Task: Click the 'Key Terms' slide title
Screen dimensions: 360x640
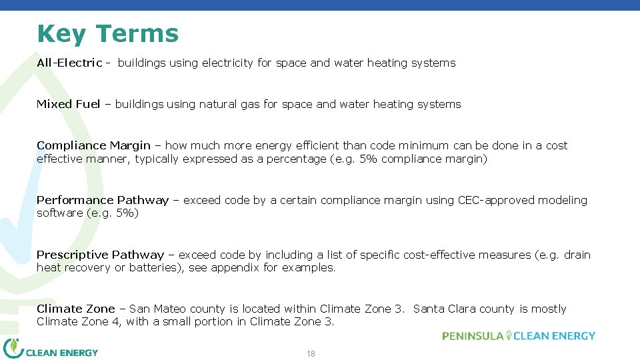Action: click(108, 33)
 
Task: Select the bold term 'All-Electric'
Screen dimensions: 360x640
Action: click(69, 63)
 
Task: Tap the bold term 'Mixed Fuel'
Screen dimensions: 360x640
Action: click(68, 104)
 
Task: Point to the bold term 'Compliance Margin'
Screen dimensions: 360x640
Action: click(93, 145)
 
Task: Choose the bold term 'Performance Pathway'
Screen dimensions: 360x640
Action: click(103, 200)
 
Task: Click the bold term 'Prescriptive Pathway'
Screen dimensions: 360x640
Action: click(100, 255)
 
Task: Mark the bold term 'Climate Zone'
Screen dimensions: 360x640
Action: click(75, 309)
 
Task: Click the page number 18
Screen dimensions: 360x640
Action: click(311, 354)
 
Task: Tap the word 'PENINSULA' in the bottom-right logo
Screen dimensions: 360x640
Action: click(472, 336)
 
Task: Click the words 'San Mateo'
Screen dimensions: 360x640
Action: click(158, 309)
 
